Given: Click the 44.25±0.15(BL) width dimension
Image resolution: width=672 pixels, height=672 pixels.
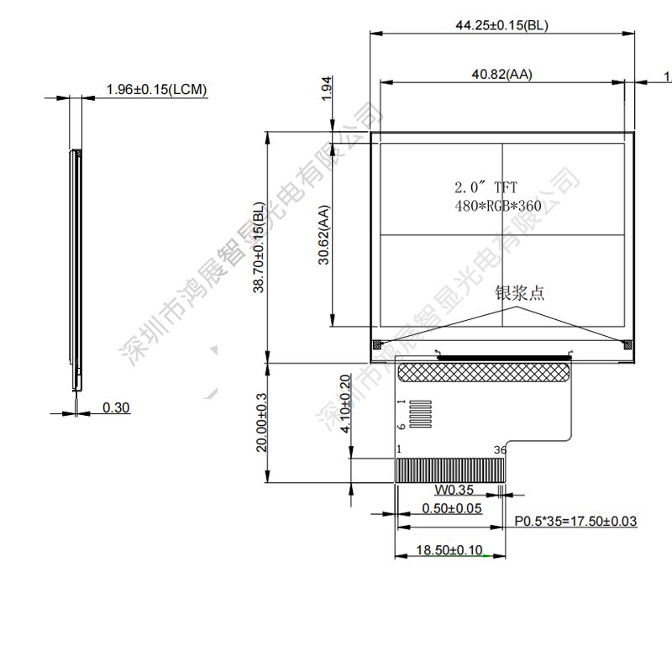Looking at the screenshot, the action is pos(501,25).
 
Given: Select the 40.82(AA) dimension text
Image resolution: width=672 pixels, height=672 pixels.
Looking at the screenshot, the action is pos(501,75).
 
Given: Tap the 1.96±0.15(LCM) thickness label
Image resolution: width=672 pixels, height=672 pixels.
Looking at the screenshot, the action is pos(156,90).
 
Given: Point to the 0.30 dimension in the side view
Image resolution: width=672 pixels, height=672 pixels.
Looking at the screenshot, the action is pos(116,407).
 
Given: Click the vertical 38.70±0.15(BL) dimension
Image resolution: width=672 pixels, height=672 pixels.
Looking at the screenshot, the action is pos(259,247).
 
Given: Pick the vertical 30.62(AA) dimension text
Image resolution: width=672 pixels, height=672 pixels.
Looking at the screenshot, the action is pos(324,235).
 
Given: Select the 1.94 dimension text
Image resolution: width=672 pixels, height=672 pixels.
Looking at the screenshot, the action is pos(327,89).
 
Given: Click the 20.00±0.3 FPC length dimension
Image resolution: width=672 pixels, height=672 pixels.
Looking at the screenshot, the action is pos(261,423).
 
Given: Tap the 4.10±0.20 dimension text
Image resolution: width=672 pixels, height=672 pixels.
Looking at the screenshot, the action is pos(345,404).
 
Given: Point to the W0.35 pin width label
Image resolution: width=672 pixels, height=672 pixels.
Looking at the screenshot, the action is pos(454,490).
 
